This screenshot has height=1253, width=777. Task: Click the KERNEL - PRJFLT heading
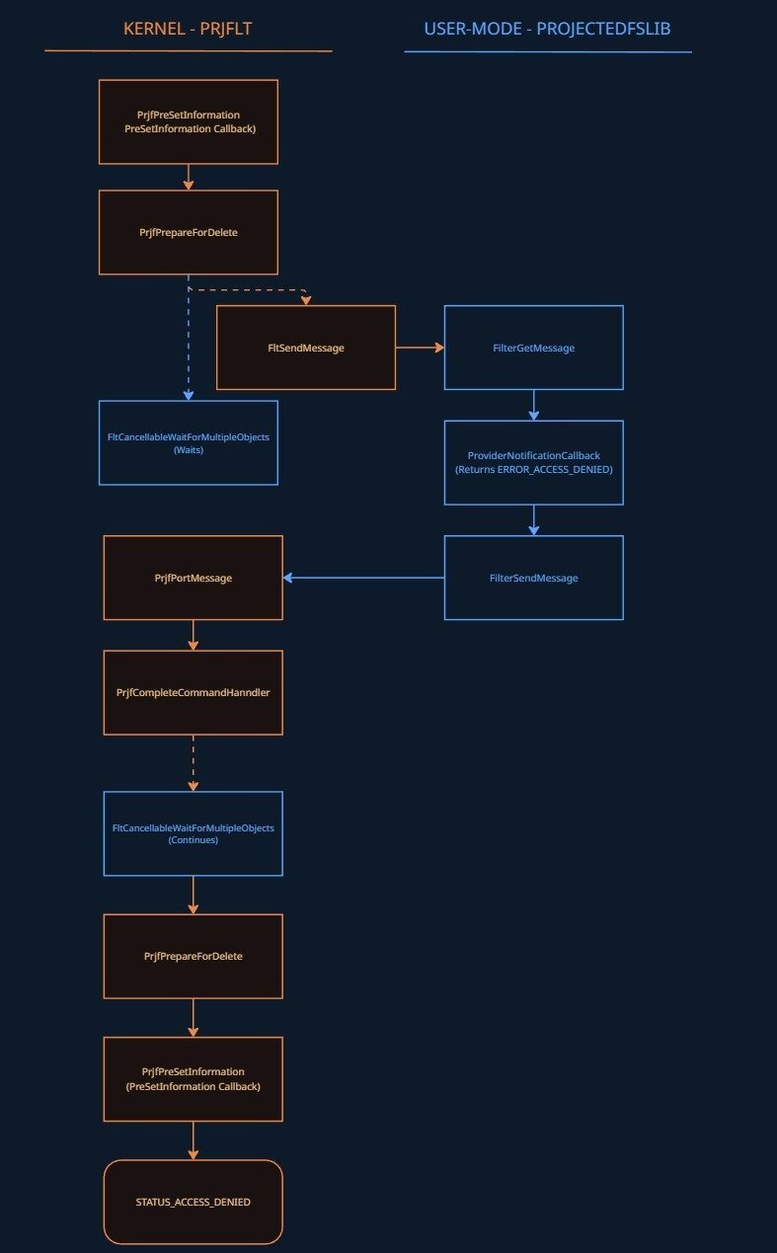coord(188,29)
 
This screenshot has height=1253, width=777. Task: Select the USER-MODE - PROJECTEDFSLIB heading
coord(547,29)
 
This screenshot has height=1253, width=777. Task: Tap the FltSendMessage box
coord(306,348)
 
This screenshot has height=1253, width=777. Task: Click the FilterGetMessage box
coord(533,348)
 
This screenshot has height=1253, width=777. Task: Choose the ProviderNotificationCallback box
coord(533,462)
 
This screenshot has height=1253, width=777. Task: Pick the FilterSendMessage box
coord(533,578)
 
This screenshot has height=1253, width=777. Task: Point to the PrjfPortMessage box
coord(194,578)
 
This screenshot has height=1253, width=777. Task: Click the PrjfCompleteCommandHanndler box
coord(194,692)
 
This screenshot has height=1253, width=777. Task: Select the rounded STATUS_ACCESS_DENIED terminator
coord(194,1202)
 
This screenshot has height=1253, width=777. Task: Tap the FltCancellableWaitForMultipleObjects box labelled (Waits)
coord(188,442)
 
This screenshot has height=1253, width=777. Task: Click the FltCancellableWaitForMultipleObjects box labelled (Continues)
coord(194,833)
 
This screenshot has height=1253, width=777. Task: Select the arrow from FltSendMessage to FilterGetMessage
coord(420,348)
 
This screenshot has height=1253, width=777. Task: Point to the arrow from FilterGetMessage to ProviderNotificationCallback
coord(534,405)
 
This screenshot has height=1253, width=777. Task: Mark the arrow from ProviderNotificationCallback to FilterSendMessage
coord(534,520)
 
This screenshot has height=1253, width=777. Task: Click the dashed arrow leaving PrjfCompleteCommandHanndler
coord(194,762)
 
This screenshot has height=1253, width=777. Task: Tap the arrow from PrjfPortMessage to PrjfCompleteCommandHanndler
coord(194,635)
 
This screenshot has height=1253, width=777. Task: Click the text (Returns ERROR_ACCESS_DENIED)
coord(533,470)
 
